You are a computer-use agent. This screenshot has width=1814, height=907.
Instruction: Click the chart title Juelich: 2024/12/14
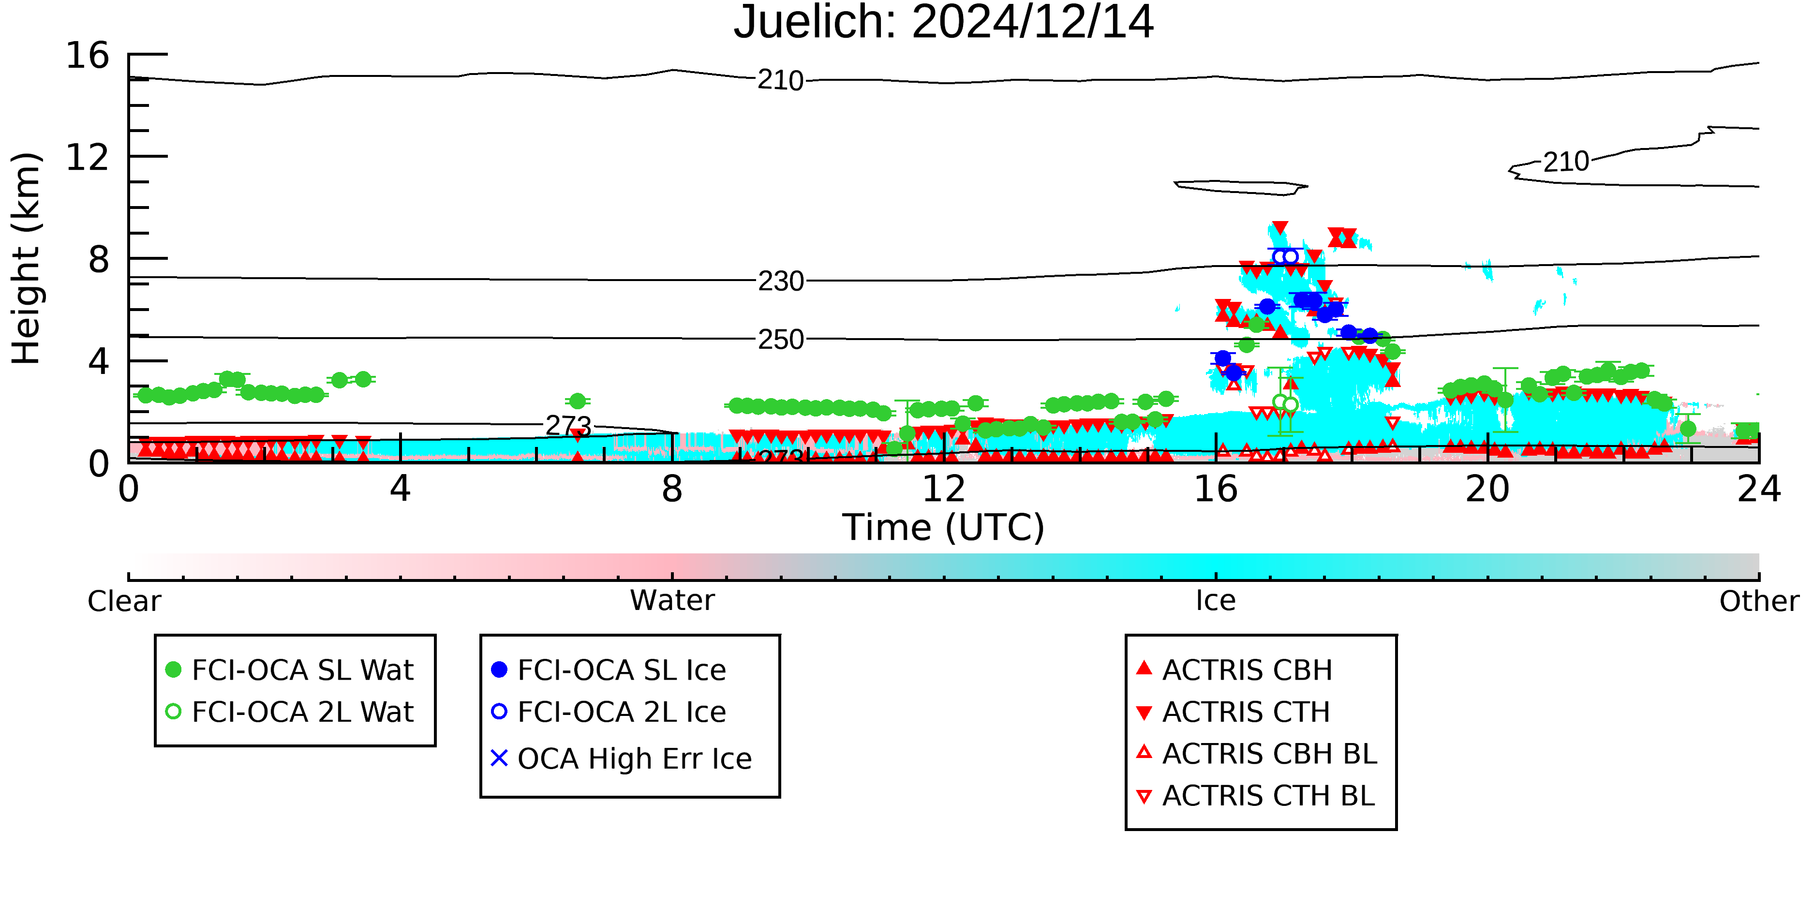point(944,23)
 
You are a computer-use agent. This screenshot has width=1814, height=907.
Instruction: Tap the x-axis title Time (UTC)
point(944,527)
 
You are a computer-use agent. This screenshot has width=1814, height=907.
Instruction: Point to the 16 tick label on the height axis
point(88,55)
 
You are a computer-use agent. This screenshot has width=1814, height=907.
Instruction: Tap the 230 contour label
point(780,282)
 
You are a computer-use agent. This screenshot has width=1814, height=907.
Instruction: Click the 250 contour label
point(780,340)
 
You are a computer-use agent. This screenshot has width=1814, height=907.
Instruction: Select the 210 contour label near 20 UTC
point(1566,162)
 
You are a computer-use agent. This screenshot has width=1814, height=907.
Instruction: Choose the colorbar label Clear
point(124,601)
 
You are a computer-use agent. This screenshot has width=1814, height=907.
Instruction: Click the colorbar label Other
point(1759,601)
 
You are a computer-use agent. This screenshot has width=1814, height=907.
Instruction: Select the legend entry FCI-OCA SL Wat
point(289,669)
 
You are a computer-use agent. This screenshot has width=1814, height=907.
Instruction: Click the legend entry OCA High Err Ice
point(621,758)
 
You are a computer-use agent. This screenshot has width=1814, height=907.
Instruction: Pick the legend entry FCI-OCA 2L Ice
point(609,712)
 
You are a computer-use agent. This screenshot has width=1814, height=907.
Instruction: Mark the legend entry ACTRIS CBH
point(1234,669)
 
